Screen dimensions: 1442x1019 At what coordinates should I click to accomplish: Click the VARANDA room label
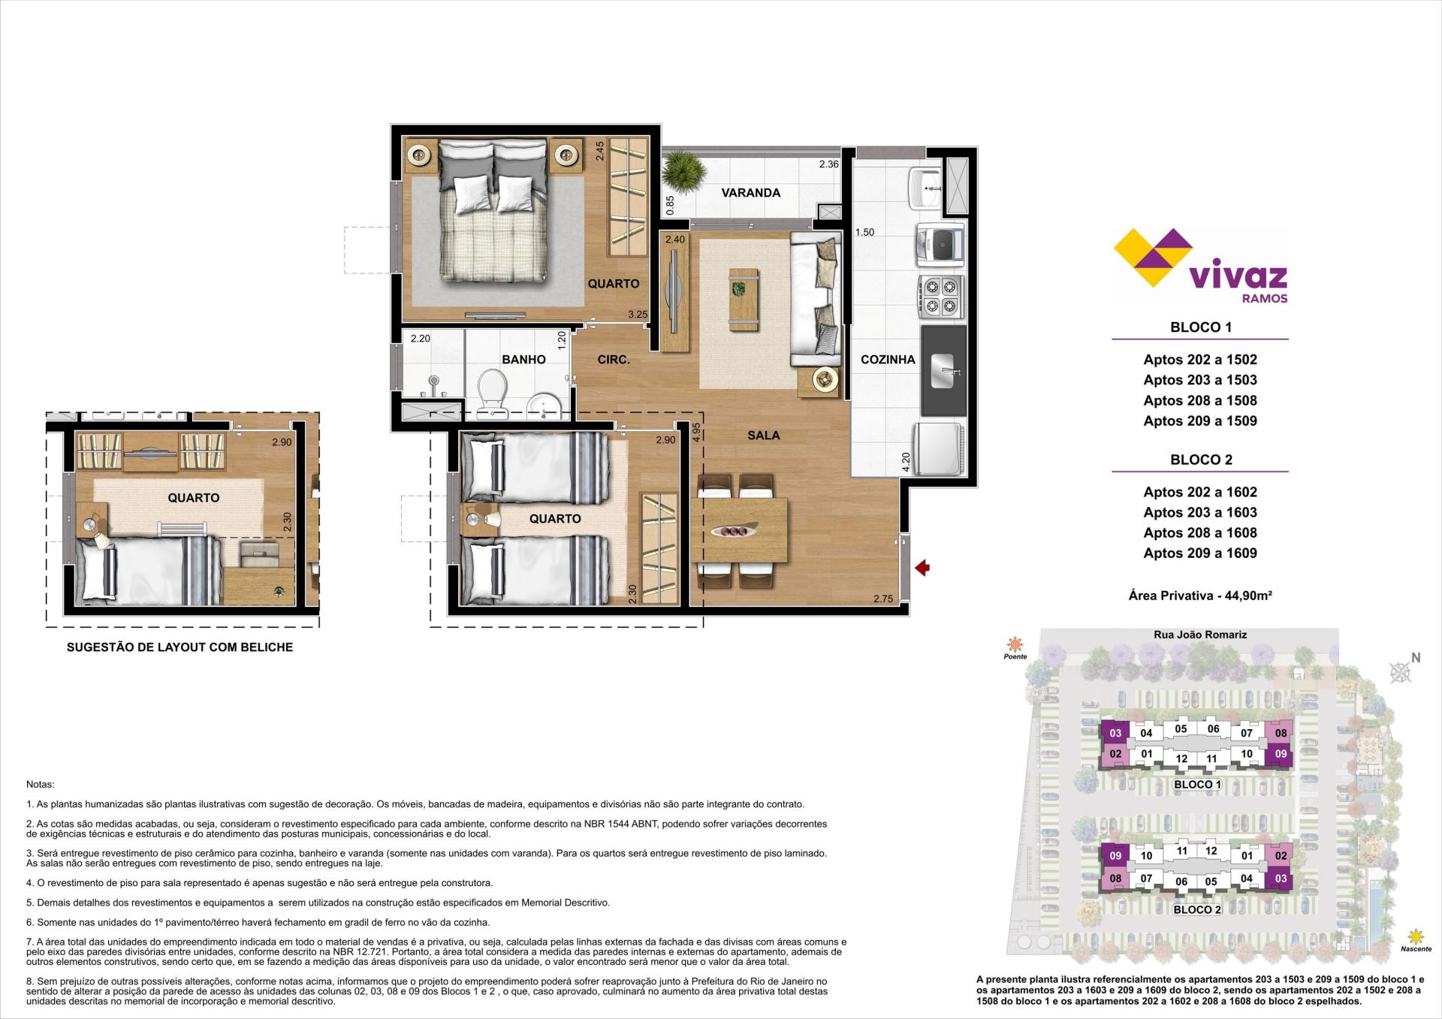[x=750, y=193]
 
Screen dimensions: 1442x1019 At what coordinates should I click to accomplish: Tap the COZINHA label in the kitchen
[x=888, y=360]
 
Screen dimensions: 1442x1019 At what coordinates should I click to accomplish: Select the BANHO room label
[x=523, y=360]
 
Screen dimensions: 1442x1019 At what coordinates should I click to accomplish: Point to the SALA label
[x=763, y=436]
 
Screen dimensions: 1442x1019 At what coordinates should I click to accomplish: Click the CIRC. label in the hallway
[x=614, y=360]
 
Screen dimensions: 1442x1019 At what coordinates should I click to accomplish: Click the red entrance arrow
[x=922, y=568]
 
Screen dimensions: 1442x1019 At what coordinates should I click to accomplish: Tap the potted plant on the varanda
[x=684, y=173]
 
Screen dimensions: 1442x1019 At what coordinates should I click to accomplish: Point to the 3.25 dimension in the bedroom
[x=638, y=315]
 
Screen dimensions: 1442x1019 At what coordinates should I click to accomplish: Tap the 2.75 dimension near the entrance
[x=883, y=599]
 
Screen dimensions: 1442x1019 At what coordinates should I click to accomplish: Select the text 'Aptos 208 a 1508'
[x=1200, y=401]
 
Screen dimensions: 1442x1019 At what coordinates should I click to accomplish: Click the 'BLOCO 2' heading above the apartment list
[x=1201, y=460]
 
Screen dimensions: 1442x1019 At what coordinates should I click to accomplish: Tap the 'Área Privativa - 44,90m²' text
[x=1200, y=595]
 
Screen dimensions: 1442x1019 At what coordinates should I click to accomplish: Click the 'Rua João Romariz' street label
[x=1200, y=635]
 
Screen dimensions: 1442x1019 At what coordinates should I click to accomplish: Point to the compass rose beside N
[x=1400, y=672]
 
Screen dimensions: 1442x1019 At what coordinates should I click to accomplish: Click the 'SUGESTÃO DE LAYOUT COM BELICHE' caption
[x=179, y=647]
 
